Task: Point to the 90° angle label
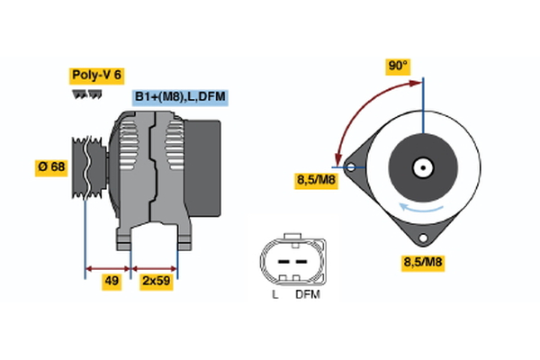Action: pos(398,66)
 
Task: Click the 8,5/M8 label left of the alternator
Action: pos(317,180)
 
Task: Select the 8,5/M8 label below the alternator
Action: pos(422,263)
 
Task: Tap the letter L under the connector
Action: pos(276,294)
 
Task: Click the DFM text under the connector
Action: pos(307,294)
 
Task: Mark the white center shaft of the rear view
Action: pos(421,167)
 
